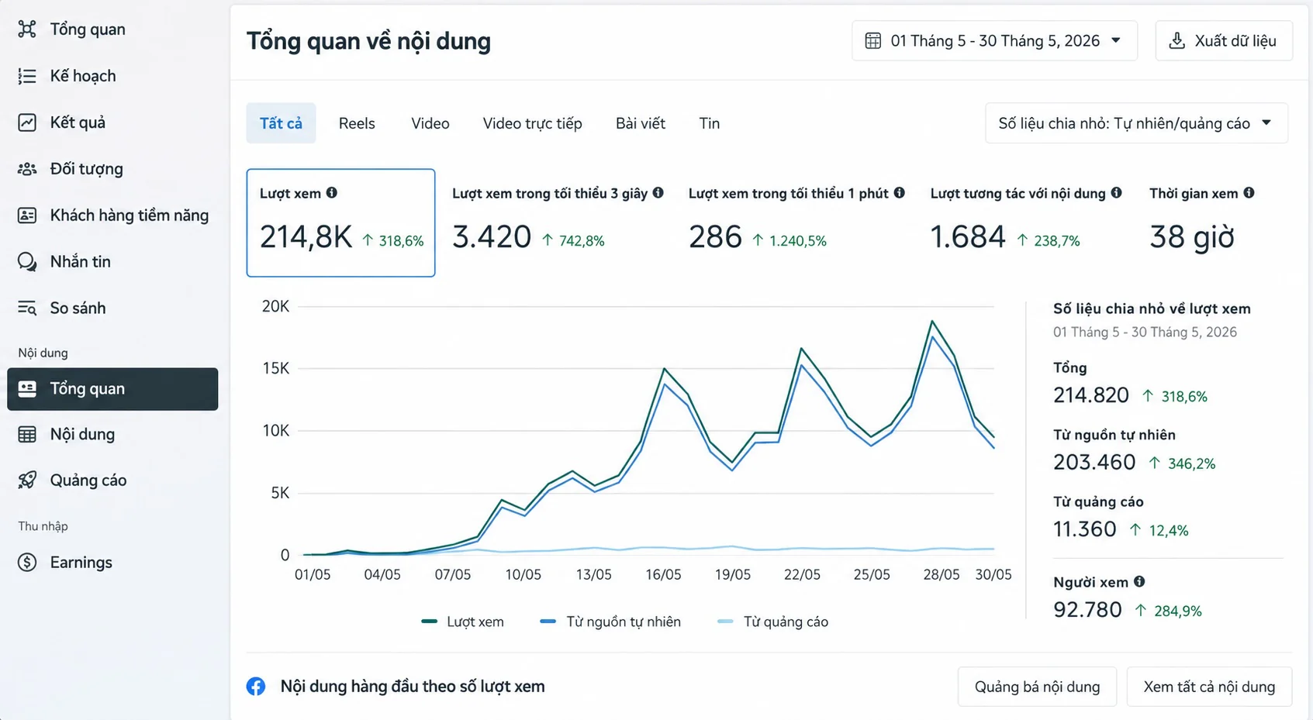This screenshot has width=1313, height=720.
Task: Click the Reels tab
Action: (x=357, y=123)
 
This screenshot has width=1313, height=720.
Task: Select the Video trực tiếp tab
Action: (x=532, y=123)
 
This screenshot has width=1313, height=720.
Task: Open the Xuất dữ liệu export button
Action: (x=1224, y=41)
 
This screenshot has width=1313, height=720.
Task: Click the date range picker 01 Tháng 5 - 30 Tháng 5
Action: (x=994, y=41)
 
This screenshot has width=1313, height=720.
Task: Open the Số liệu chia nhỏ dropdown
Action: (x=1136, y=123)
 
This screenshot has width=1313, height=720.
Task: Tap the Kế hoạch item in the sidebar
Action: (x=83, y=76)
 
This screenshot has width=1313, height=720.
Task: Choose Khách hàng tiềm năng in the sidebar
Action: (x=129, y=215)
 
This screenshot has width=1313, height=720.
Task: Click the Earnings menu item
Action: (x=81, y=563)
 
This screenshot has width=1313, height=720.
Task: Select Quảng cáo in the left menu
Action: (x=88, y=481)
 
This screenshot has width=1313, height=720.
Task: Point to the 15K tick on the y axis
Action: (x=275, y=368)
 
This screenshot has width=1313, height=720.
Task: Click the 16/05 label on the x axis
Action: (x=663, y=575)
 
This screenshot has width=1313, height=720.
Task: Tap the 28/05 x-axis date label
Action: (x=941, y=575)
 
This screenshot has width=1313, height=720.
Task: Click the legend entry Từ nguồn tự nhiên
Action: (x=610, y=622)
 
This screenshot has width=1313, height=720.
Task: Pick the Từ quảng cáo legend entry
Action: (x=772, y=622)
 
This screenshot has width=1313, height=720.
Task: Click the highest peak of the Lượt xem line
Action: (x=932, y=321)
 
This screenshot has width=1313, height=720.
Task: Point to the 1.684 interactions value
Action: (x=968, y=237)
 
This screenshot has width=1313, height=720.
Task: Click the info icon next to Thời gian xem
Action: (x=1249, y=193)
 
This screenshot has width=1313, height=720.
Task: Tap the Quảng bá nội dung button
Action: (x=1037, y=687)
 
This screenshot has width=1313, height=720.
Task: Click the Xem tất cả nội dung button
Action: (x=1209, y=687)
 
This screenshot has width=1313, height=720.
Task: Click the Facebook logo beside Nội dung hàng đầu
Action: (x=256, y=687)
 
